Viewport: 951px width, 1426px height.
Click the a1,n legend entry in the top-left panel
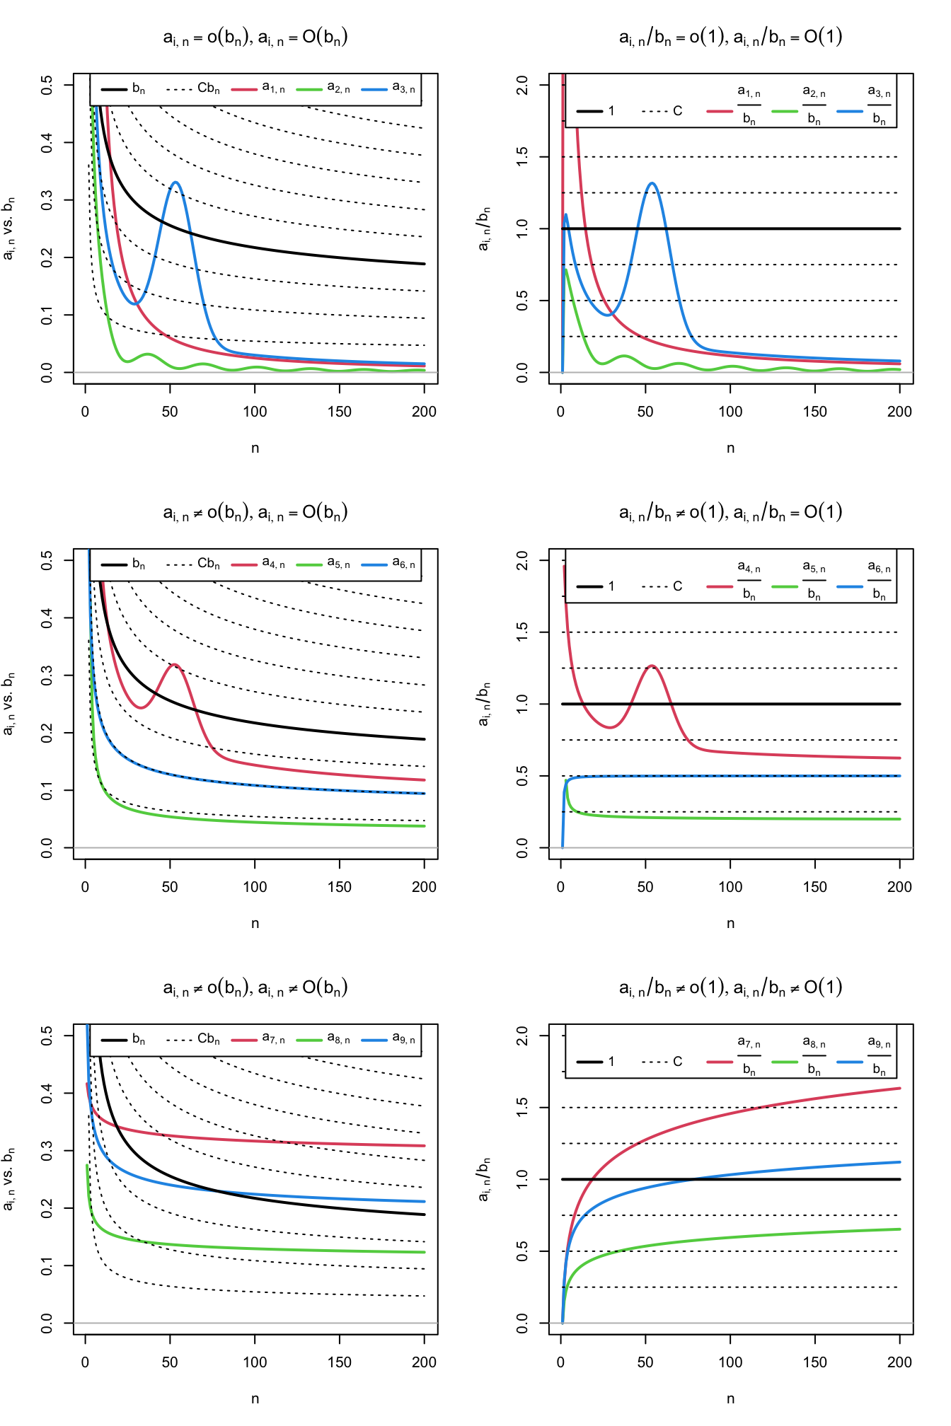click(x=273, y=88)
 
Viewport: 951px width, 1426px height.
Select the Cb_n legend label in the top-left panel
click(x=208, y=88)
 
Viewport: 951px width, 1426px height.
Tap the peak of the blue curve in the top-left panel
click(x=175, y=182)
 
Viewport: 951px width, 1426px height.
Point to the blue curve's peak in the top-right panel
click(x=652, y=183)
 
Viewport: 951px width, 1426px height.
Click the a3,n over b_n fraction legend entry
click(x=879, y=105)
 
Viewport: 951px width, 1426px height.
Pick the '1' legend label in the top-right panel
click(x=611, y=111)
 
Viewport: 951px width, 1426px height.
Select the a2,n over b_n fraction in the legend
click(x=814, y=105)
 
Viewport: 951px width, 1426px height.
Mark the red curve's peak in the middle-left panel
click(x=174, y=664)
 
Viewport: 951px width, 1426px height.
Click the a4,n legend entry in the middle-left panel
click(x=273, y=564)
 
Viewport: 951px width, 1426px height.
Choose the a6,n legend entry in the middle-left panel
click(x=403, y=564)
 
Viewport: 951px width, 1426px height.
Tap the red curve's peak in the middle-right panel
click(x=652, y=666)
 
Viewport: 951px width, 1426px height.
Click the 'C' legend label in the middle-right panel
click(x=677, y=586)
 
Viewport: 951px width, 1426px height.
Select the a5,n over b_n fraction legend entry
click(x=814, y=581)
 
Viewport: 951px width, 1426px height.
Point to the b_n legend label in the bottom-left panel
click(x=138, y=1039)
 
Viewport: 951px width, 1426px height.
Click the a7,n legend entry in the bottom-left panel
click(x=273, y=1039)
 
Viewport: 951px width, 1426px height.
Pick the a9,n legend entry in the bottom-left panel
click(x=403, y=1039)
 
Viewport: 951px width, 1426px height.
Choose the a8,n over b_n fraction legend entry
click(x=814, y=1056)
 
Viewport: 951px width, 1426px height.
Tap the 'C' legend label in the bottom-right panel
click(x=677, y=1062)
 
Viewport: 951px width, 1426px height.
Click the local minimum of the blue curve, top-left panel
click(x=134, y=303)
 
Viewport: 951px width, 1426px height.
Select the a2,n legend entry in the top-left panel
click(x=338, y=88)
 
